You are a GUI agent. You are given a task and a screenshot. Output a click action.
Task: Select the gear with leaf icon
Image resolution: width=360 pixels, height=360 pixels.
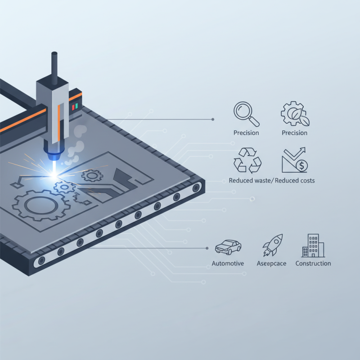pos(295,113)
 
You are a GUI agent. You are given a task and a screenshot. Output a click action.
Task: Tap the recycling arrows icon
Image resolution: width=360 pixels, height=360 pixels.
pos(247,160)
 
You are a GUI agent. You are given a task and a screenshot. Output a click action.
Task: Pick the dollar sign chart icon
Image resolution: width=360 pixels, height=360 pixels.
pos(295,160)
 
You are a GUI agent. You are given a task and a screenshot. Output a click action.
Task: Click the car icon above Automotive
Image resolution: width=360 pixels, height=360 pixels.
pos(228,247)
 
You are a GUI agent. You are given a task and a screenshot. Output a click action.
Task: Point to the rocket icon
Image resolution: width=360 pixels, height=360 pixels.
pos(273,245)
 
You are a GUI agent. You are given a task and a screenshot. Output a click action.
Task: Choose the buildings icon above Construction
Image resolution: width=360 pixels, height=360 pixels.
pos(313,246)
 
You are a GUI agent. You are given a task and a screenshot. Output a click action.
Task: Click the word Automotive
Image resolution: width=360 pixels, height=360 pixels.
pos(228,263)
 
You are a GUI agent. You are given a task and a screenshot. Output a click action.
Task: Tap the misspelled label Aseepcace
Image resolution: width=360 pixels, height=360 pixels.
pos(271,263)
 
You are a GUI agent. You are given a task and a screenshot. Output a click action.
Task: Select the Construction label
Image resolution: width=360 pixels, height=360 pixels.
pos(313,263)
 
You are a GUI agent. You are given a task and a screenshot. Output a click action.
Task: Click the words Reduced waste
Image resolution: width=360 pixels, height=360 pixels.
pos(249,180)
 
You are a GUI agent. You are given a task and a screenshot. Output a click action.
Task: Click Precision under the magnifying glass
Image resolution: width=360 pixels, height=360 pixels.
pos(246,133)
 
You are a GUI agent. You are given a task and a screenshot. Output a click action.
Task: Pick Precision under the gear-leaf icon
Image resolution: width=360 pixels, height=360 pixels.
pos(294,133)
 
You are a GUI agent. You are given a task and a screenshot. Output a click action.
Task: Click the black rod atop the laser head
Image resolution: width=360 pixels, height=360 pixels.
pos(54,67)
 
